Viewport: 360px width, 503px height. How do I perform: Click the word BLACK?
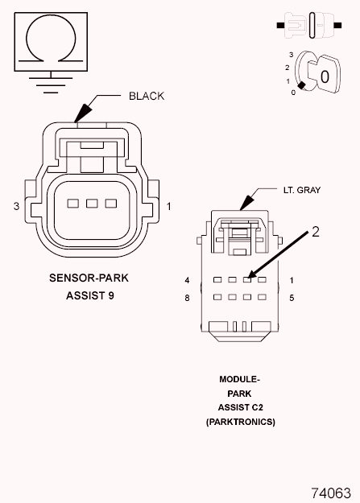click(x=147, y=96)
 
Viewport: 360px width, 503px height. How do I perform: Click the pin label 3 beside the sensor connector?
click(x=16, y=207)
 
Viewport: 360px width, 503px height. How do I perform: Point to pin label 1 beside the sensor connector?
click(x=169, y=207)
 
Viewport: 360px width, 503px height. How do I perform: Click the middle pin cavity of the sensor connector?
click(x=91, y=204)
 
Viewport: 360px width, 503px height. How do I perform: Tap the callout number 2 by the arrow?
click(x=316, y=232)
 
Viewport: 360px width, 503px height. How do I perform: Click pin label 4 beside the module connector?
click(x=187, y=280)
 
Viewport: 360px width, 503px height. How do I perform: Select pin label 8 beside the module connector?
click(x=187, y=298)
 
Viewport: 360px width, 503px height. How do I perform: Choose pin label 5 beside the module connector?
click(x=291, y=298)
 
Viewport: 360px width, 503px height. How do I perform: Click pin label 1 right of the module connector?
click(x=291, y=280)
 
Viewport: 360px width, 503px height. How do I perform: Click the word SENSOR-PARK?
click(x=89, y=278)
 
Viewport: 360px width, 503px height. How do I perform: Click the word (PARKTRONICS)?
click(x=240, y=421)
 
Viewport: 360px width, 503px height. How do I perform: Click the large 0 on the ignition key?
click(x=324, y=76)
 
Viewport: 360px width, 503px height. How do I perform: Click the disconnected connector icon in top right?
click(x=311, y=27)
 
